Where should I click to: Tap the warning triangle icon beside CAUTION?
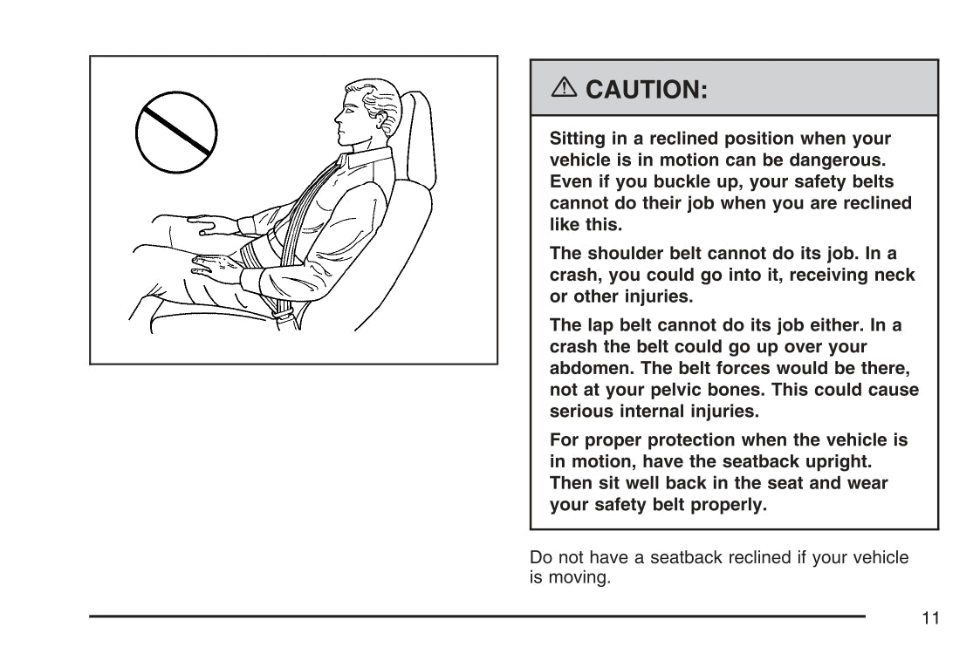click(564, 87)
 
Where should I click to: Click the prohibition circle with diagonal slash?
click(176, 132)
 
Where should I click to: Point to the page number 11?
click(930, 617)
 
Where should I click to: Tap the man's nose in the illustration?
click(338, 117)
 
